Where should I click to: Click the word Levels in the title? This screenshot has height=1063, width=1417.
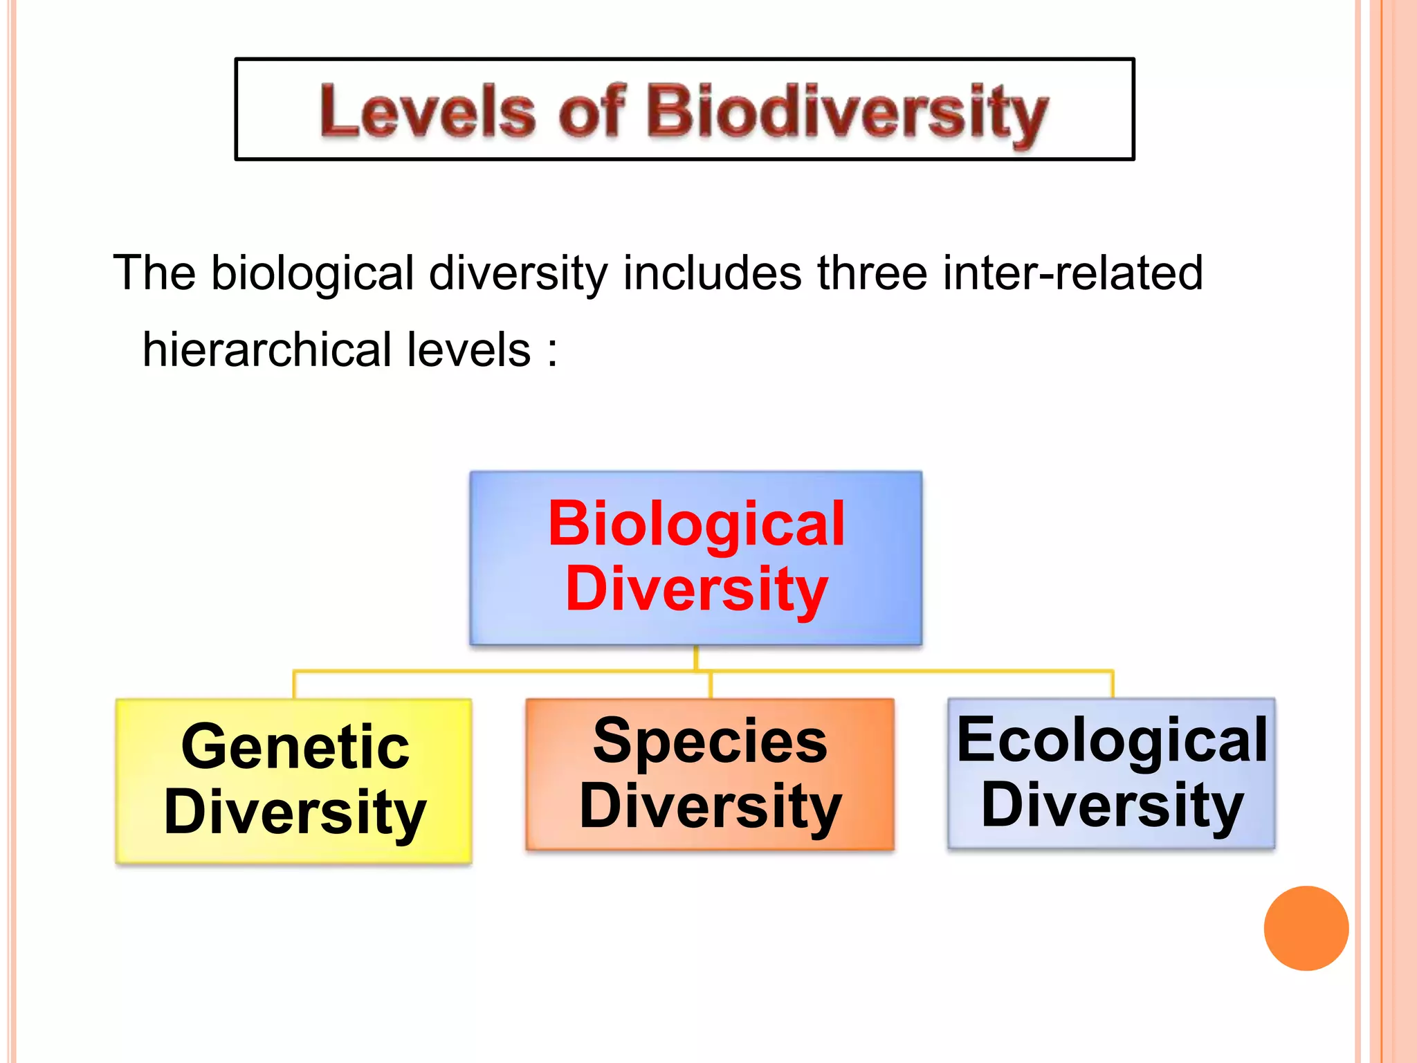(x=427, y=111)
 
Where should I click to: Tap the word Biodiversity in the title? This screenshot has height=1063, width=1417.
(x=847, y=112)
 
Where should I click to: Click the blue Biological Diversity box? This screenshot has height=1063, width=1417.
(x=695, y=557)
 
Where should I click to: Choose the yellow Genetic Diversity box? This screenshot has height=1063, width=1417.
(x=294, y=781)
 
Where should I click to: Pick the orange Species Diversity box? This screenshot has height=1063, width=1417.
(x=710, y=774)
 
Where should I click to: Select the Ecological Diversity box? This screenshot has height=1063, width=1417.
(x=1111, y=773)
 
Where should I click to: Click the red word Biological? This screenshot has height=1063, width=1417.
(x=696, y=525)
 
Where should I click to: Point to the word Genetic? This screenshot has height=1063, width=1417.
(x=295, y=747)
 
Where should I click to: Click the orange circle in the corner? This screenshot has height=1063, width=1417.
(x=1306, y=928)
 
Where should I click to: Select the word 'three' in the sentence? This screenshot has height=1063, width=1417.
(x=872, y=273)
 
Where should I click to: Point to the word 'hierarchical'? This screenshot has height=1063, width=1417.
(x=267, y=349)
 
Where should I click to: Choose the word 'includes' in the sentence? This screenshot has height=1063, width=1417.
(x=713, y=273)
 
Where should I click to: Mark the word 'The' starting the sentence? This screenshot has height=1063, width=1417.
(x=154, y=273)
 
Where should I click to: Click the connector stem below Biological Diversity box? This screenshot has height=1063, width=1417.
(x=695, y=657)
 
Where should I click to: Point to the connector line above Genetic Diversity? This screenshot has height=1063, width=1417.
(x=295, y=684)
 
